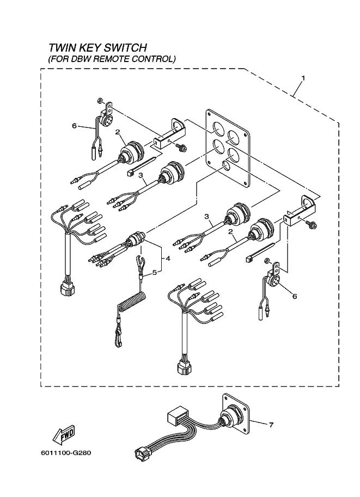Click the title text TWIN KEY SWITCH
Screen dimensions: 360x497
[x=97, y=47]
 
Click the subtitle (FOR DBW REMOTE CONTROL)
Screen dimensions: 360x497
[x=112, y=59]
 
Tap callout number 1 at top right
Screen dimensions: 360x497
[x=303, y=78]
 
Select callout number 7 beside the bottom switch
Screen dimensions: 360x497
[x=271, y=425]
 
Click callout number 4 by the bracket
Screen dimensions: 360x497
[x=168, y=259]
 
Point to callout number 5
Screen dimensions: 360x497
[x=155, y=272]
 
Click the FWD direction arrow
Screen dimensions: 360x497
[x=63, y=434]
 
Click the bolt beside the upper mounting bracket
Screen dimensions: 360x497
[x=182, y=147]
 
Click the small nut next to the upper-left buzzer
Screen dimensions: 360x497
[x=100, y=101]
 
